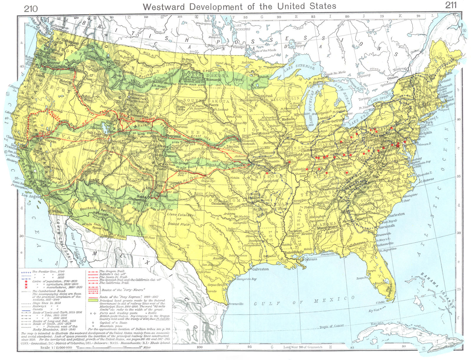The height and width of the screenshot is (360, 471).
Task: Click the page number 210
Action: (x=31, y=9)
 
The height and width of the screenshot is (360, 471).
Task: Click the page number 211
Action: (x=451, y=6)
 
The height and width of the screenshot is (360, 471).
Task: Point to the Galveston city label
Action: (x=260, y=269)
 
